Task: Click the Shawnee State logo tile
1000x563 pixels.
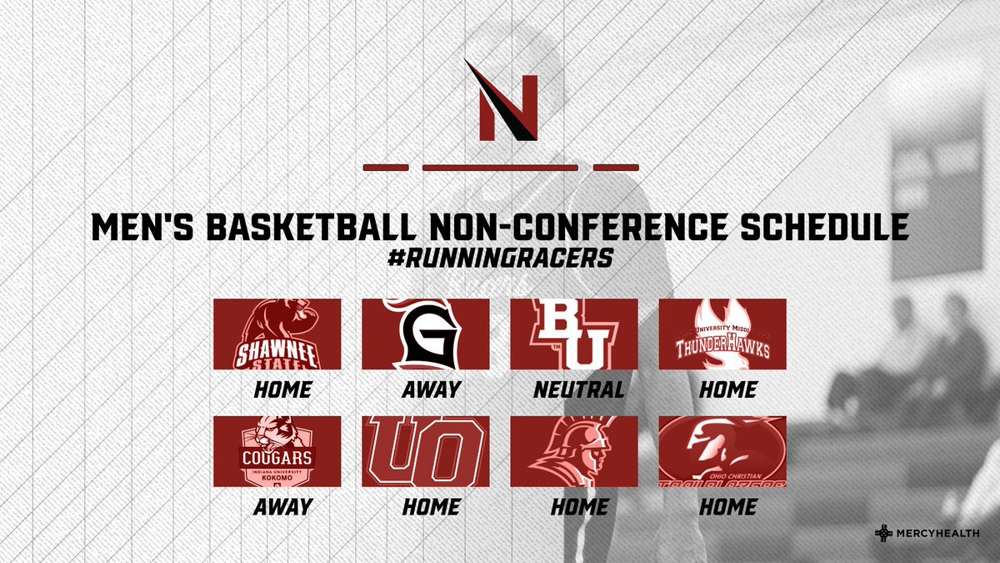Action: (x=277, y=334)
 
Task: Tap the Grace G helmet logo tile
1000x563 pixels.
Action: (x=425, y=334)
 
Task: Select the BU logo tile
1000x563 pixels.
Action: (x=574, y=334)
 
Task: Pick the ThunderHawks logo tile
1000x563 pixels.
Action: (x=722, y=334)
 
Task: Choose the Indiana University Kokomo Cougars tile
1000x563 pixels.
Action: (x=277, y=451)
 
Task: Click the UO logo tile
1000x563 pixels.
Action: (x=425, y=451)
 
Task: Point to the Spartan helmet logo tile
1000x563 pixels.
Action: (x=574, y=451)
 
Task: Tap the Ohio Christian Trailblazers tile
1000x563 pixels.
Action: (x=722, y=451)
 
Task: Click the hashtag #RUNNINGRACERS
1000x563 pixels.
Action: (x=500, y=259)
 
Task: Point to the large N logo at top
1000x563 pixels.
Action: (x=500, y=100)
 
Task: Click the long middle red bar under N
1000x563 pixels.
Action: (x=500, y=168)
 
